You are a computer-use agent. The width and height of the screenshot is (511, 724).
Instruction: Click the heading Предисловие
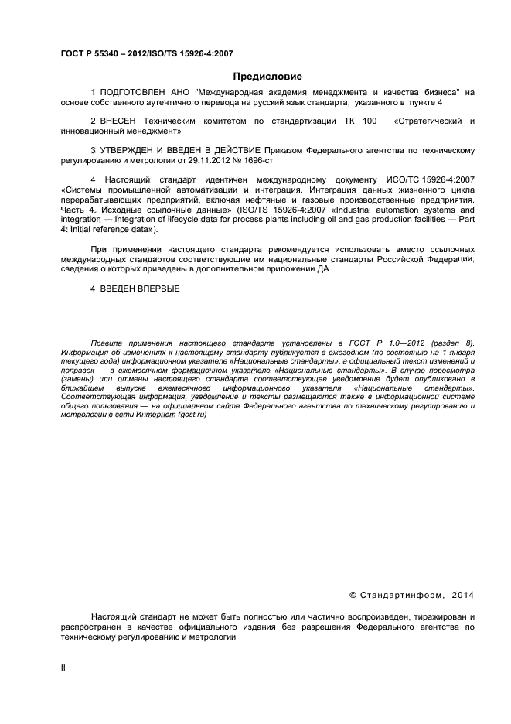268,76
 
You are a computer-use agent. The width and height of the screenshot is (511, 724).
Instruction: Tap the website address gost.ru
193,415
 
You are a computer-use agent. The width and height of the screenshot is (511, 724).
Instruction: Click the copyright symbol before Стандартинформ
353,595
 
